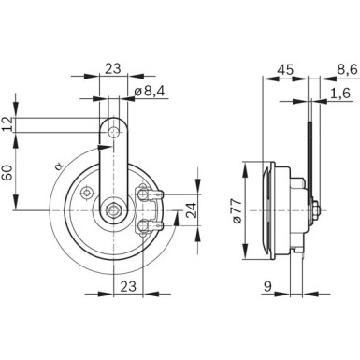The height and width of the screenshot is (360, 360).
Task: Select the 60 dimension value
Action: click(x=8, y=174)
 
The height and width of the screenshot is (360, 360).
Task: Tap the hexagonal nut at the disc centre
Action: click(x=114, y=212)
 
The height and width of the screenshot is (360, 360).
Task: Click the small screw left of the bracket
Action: click(x=86, y=193)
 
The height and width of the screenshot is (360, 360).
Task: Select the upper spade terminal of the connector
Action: click(x=149, y=194)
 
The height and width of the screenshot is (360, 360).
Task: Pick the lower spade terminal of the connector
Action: click(x=149, y=228)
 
